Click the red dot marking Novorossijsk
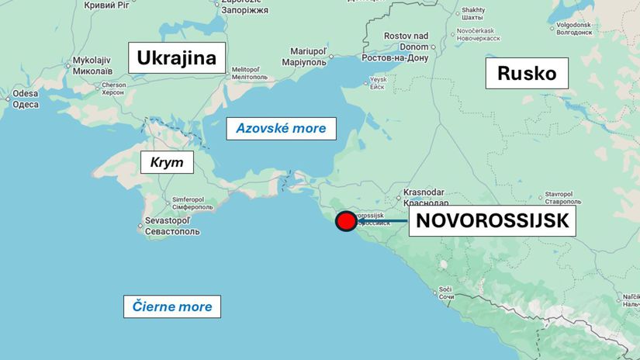pyautogui.click(x=346, y=222)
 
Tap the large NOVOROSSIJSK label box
pyautogui.click(x=493, y=221)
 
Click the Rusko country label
pyautogui.click(x=527, y=73)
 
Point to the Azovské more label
pyautogui.click(x=281, y=128)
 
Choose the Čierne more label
pyautogui.click(x=172, y=306)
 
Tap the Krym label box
pyautogui.click(x=167, y=162)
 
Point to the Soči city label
pyautogui.click(x=445, y=292)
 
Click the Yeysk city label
pyautogui.click(x=377, y=83)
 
